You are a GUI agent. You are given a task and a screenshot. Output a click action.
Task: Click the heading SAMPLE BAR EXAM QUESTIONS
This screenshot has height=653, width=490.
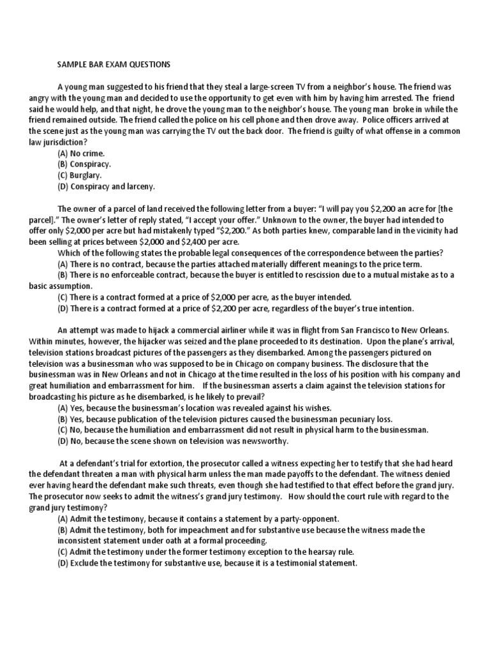pos(114,64)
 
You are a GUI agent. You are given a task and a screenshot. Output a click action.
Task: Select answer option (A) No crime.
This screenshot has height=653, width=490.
pos(81,154)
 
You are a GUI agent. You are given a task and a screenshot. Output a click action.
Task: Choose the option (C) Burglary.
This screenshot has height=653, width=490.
pos(80,175)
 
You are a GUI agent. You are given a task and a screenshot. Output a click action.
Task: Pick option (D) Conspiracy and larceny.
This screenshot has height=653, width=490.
pos(106,186)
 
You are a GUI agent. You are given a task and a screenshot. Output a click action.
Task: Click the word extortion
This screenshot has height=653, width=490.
pos(169,464)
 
